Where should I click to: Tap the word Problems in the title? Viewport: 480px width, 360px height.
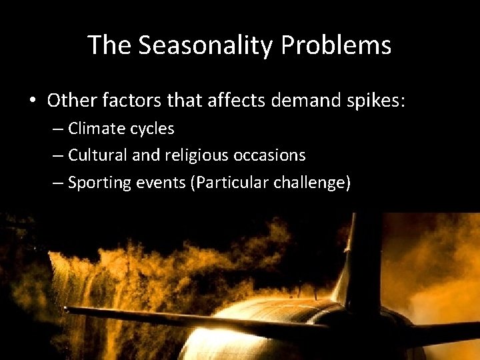pos(336,45)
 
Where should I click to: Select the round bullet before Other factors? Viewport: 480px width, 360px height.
pos(32,101)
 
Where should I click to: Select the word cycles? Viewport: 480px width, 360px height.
pos(153,129)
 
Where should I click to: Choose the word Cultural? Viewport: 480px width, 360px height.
pos(100,155)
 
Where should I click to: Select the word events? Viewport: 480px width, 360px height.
pos(164,183)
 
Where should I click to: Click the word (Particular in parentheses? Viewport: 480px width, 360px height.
pos(229,183)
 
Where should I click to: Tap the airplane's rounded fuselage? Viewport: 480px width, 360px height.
pos(267,333)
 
